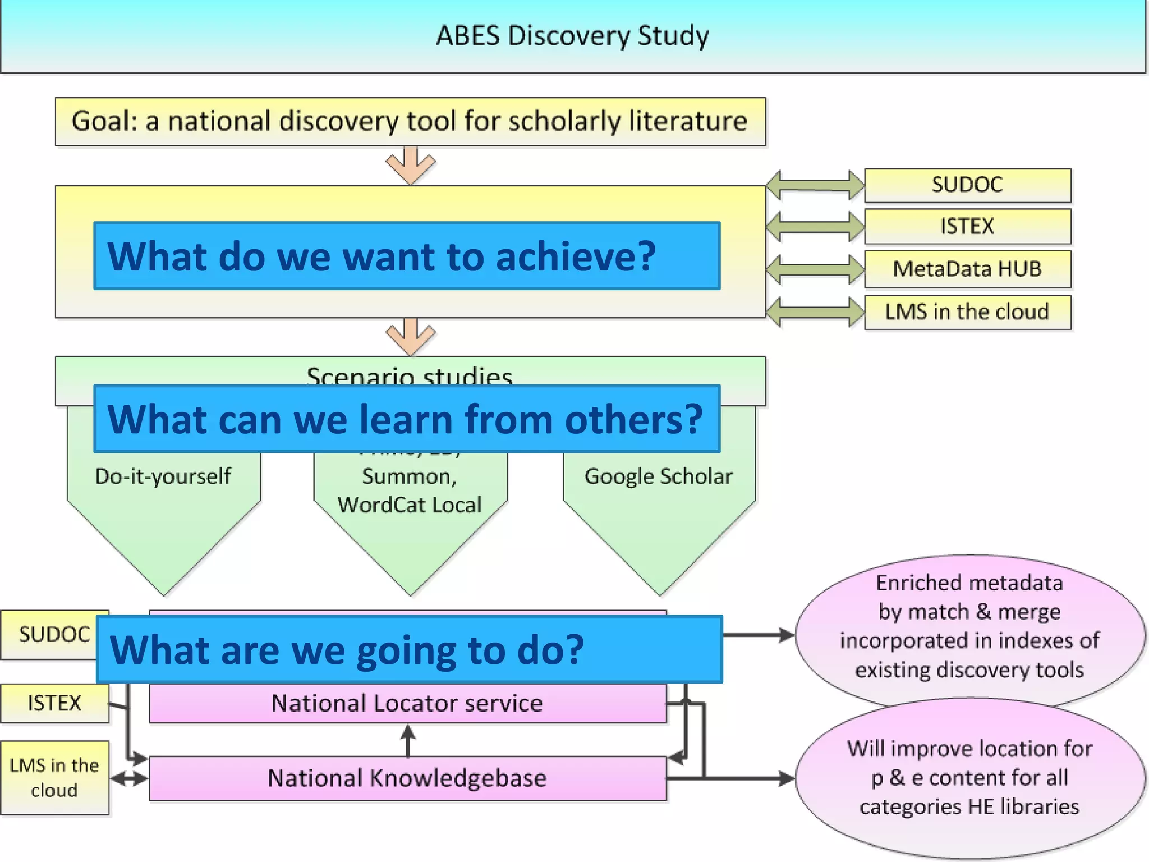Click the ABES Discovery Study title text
tap(572, 36)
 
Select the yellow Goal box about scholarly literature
tap(410, 121)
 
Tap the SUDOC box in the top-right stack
tap(967, 185)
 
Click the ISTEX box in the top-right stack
tap(967, 226)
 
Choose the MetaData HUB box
tap(967, 269)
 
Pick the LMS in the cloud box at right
tap(967, 312)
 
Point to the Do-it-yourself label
tap(163, 476)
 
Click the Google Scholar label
tap(659, 476)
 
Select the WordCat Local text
tap(410, 505)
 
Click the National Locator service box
tap(407, 703)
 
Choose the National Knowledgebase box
tap(407, 778)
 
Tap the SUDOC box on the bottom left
tap(53, 635)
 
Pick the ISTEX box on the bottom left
tap(54, 703)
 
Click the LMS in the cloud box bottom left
tap(54, 778)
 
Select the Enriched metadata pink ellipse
tap(969, 626)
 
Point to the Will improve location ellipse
tap(969, 778)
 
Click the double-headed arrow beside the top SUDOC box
tap(815, 185)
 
